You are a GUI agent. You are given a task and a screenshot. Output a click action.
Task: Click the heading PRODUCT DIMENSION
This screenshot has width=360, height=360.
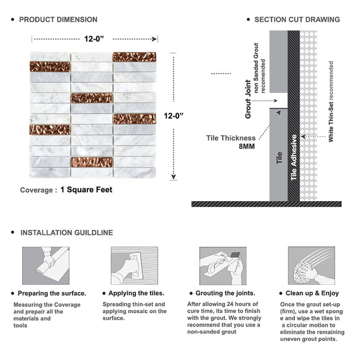pyautogui.click(x=58, y=20)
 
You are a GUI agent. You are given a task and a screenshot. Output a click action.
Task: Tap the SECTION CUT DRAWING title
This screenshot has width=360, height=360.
pyautogui.click(x=297, y=20)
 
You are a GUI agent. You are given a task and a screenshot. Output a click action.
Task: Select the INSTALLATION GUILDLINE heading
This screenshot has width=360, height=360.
pyautogui.click(x=66, y=232)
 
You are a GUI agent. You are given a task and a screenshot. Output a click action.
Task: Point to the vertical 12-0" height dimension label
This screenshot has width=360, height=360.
pyautogui.click(x=174, y=117)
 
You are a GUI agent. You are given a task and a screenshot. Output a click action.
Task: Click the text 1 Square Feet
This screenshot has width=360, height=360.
pyautogui.click(x=86, y=190)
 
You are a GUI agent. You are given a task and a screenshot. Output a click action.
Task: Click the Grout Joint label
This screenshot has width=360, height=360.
pyautogui.click(x=248, y=99)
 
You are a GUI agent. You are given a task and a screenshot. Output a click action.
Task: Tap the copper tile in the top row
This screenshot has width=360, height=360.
pyautogui.click(x=134, y=57)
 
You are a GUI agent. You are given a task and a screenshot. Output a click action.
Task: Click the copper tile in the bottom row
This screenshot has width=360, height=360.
pyautogui.click(x=92, y=162)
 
